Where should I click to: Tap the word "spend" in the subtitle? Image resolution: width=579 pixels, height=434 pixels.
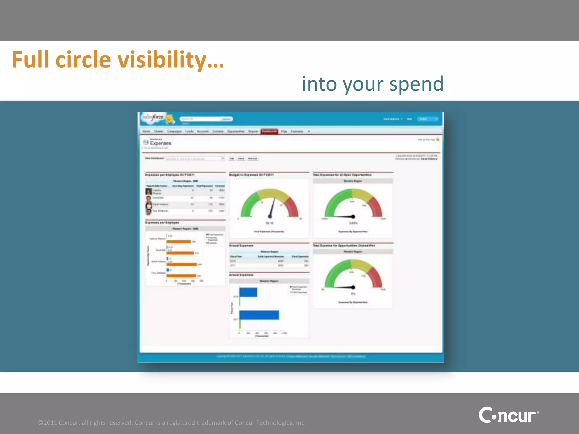point(416,84)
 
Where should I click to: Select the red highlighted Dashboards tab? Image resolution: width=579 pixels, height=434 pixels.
point(269,131)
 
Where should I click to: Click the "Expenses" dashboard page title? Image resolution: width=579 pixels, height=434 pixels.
point(160,143)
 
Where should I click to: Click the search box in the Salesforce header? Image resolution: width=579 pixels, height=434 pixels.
point(200,119)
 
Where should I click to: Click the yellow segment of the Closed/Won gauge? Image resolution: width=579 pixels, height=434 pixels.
point(361,266)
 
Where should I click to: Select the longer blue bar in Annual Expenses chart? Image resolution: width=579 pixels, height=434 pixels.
point(259,315)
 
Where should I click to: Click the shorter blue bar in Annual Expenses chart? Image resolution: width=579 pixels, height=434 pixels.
point(248,292)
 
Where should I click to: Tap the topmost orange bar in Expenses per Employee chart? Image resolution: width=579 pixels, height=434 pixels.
point(179,242)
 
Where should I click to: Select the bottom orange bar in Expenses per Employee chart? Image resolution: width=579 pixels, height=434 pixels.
point(181,276)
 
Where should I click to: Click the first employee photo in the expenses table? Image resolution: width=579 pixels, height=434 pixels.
point(149,192)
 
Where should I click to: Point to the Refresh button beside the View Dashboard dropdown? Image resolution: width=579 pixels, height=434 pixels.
point(252,159)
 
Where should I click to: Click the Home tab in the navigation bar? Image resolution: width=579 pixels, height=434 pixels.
point(146,131)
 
